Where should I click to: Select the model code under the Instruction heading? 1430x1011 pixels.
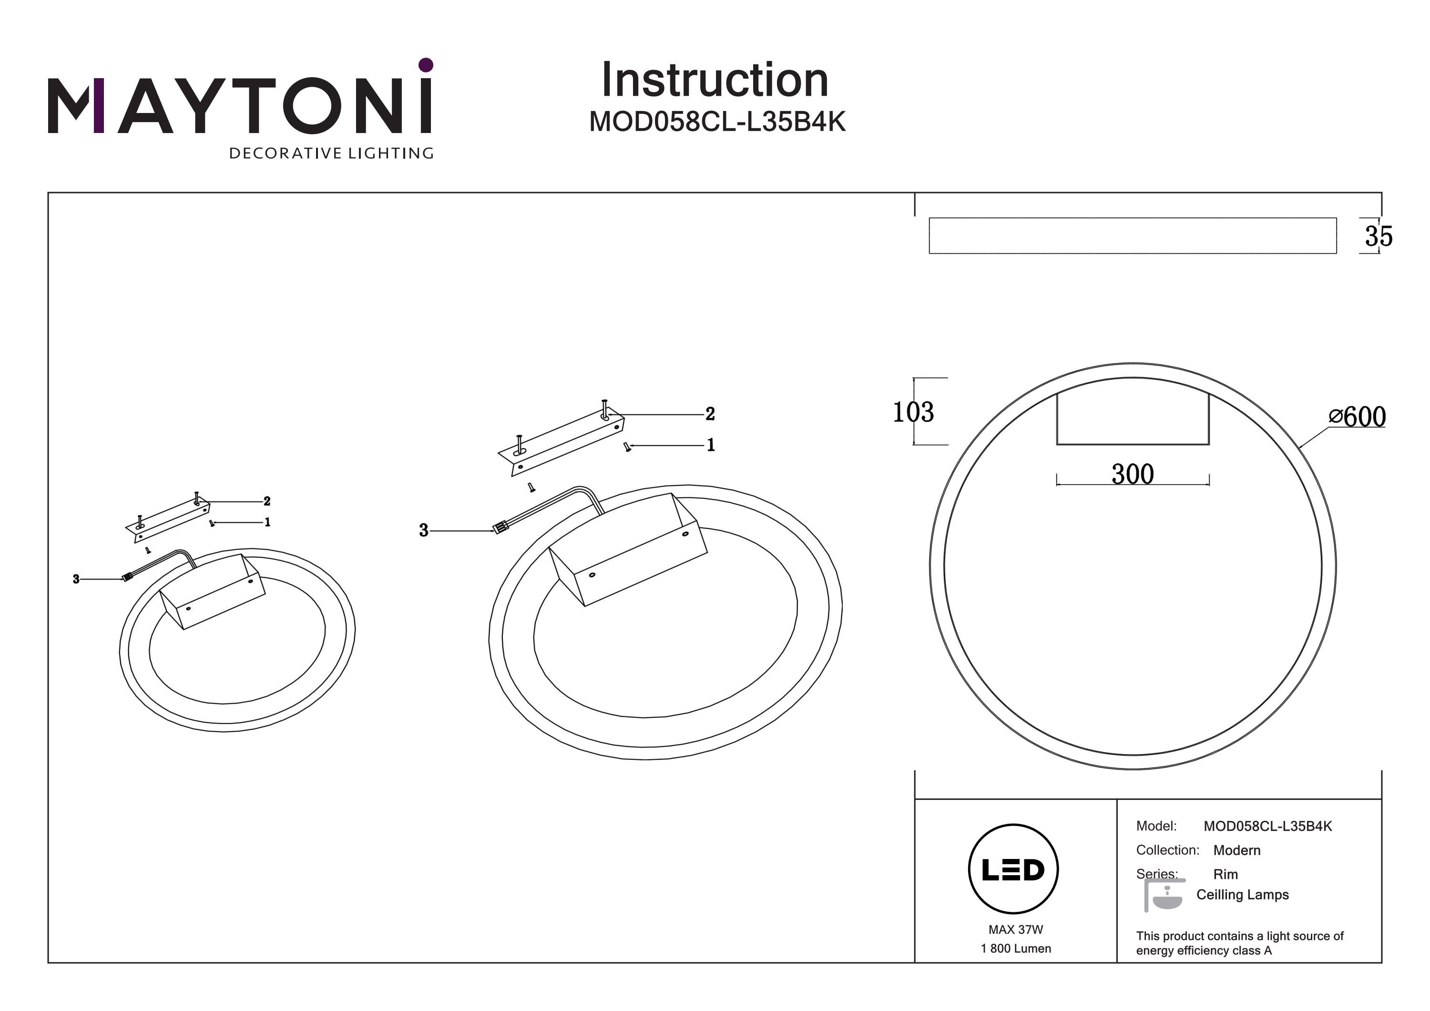717,122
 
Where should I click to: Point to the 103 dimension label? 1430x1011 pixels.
913,412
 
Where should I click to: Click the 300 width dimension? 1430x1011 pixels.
1132,474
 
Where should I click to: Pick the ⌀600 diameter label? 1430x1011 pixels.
1358,417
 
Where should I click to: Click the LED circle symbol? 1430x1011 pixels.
1013,869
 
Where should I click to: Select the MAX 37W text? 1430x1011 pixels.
1015,929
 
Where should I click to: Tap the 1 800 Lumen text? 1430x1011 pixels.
1015,949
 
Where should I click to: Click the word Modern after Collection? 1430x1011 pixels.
1236,850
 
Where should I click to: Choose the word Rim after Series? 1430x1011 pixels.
1225,874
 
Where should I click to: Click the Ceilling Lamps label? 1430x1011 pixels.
1242,895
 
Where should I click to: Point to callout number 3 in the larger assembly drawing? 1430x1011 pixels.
424,530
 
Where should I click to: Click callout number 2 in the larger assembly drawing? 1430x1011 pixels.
710,414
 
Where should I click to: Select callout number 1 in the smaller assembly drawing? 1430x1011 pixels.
267,522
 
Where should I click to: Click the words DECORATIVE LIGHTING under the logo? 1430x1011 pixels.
331,153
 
